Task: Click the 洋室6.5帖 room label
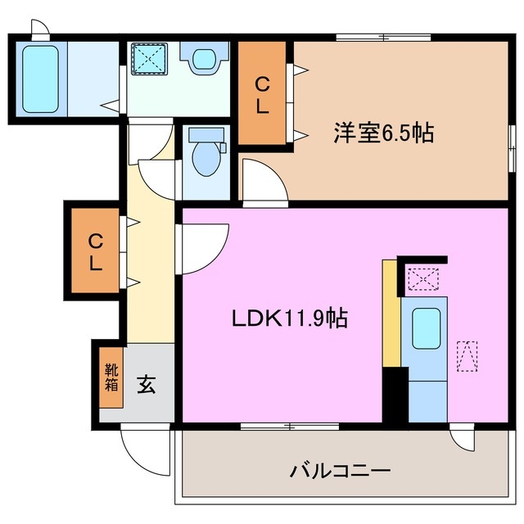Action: pos(382,133)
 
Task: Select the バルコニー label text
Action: pos(340,472)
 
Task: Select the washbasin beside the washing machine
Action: pos(201,59)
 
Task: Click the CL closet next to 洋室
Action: pos(262,95)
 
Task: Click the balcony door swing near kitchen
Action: pos(463,439)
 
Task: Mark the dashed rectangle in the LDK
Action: pos(468,356)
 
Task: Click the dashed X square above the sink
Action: pos(422,279)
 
